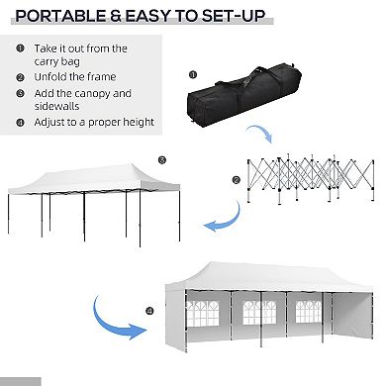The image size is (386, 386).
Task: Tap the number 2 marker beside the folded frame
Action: click(x=236, y=179)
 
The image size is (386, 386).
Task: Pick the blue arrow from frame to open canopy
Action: click(x=223, y=218)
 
